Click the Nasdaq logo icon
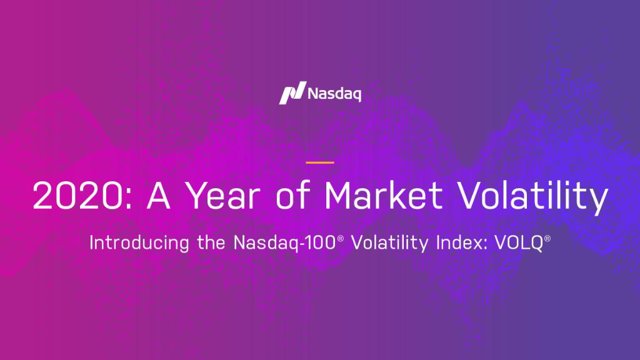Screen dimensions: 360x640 pyautogui.click(x=291, y=93)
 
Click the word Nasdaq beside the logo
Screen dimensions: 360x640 pyautogui.click(x=334, y=94)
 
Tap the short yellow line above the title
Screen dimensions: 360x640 pyautogui.click(x=320, y=162)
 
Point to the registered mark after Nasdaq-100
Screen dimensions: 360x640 pyautogui.click(x=341, y=239)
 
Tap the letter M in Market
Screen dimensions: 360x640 pyautogui.click(x=340, y=196)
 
